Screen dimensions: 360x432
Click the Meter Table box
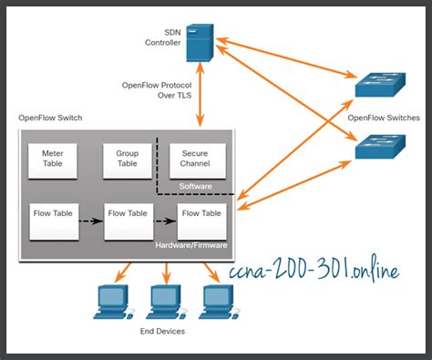(53, 159)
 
